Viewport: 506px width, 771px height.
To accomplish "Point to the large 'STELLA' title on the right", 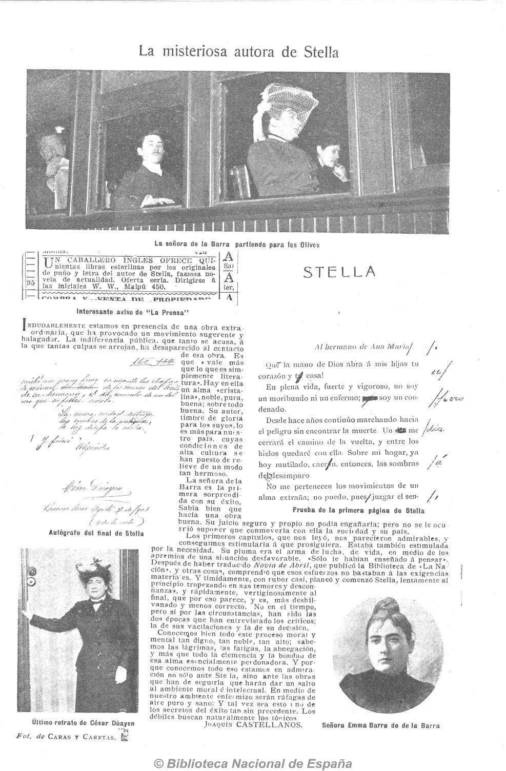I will tap(339, 272).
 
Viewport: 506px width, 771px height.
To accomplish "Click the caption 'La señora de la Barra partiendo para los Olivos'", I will tap(237, 245).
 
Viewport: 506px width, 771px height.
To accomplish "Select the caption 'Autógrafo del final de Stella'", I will tap(92, 533).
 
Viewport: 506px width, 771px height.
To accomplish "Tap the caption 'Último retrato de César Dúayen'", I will tap(83, 723).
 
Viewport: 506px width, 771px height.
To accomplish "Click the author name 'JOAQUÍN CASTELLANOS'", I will tap(253, 725).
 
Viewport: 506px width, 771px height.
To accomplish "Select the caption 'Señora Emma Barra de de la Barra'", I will tap(381, 725).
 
